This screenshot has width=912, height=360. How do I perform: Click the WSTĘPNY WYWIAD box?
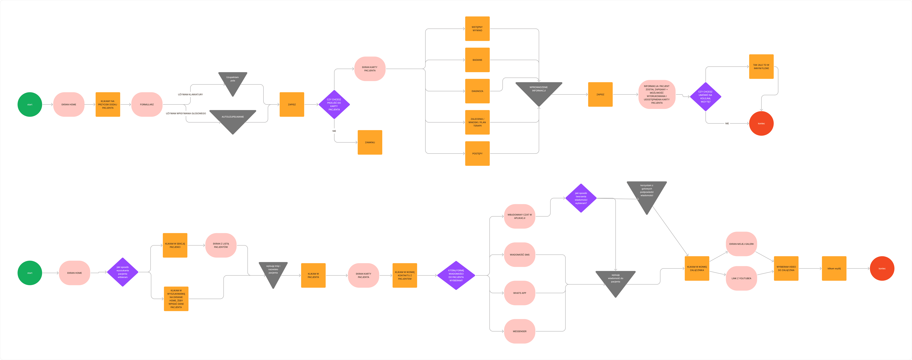(x=477, y=29)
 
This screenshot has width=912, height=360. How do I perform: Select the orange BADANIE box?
(x=477, y=60)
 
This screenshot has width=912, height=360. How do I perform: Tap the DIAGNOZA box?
(x=477, y=91)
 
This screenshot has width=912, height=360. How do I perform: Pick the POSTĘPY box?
(x=477, y=153)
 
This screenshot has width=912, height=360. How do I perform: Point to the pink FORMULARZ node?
(x=147, y=104)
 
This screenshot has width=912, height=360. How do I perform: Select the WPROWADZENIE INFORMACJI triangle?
(x=538, y=91)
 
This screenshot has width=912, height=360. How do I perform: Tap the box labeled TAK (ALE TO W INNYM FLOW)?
(x=761, y=67)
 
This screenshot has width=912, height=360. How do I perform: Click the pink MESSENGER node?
(x=519, y=331)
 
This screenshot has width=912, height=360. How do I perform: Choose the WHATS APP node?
(x=519, y=293)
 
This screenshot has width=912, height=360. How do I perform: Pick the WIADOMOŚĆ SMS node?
(x=519, y=254)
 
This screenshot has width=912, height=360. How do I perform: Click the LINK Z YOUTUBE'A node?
(x=741, y=278)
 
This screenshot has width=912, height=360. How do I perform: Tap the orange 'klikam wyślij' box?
(x=834, y=268)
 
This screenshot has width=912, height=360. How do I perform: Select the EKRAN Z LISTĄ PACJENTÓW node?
(x=221, y=245)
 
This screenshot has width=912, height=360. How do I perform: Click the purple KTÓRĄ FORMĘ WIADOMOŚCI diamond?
(x=456, y=275)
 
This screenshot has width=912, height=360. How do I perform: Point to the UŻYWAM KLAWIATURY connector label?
(x=190, y=95)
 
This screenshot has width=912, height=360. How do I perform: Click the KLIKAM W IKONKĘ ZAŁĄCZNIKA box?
(x=697, y=268)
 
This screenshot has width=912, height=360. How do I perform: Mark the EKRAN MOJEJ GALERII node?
(x=741, y=244)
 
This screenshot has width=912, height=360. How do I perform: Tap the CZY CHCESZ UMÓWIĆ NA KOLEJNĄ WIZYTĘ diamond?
(x=705, y=97)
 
